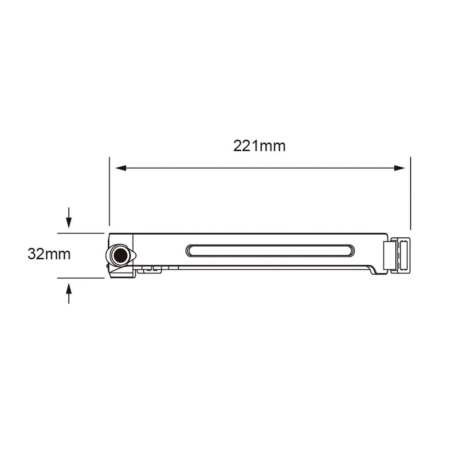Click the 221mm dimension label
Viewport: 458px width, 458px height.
pyautogui.click(x=259, y=146)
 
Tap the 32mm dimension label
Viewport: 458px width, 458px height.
pyautogui.click(x=49, y=254)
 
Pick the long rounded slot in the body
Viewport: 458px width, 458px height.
pyautogui.click(x=270, y=251)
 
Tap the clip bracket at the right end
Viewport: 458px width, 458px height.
pyautogui.click(x=397, y=255)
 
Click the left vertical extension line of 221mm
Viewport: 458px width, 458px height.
pyautogui.click(x=109, y=192)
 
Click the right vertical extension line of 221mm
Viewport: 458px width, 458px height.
pyautogui.click(x=410, y=192)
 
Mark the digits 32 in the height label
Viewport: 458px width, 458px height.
pyautogui.click(x=36, y=254)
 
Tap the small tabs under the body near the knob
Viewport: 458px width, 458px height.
pyautogui.click(x=149, y=270)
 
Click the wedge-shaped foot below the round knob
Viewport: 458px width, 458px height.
pyautogui.click(x=122, y=273)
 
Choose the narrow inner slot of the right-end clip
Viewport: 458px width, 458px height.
pyautogui.click(x=403, y=255)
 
